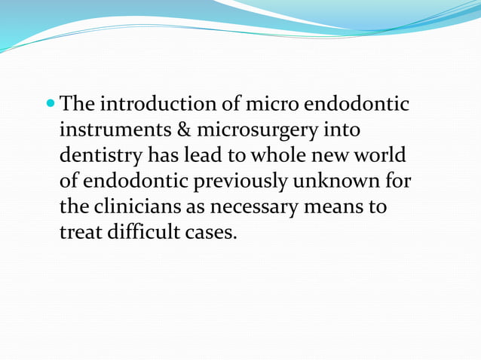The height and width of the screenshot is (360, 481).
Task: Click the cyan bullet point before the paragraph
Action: point(51,103)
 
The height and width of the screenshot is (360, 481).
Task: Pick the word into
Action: point(343,130)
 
